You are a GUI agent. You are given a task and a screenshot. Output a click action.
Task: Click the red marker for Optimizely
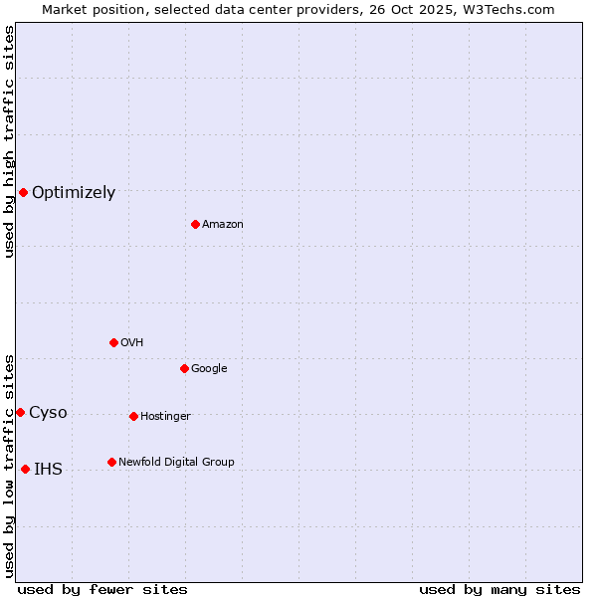point(23,192)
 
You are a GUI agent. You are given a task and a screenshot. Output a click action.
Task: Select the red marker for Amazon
point(195,224)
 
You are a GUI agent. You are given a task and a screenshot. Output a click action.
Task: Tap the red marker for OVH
point(113,342)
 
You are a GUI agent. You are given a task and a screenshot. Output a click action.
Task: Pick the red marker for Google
point(184,368)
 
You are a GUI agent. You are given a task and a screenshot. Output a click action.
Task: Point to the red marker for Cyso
point(20,412)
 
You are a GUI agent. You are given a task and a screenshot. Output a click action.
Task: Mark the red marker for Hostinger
point(133,416)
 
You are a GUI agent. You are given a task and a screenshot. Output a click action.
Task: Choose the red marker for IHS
point(25,469)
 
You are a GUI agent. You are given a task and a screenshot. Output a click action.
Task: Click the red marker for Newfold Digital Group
point(111,462)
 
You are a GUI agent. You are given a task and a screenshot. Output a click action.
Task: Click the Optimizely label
point(74,193)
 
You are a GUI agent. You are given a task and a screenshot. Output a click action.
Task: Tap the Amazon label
point(223,225)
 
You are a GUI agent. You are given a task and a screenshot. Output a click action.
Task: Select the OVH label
point(132,343)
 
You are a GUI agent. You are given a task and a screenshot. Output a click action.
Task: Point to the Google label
point(209,369)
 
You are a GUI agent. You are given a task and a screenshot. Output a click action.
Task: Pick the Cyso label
point(48,413)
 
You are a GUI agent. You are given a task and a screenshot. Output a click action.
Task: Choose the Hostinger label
point(165,417)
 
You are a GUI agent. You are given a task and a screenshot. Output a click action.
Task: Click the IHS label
point(48,470)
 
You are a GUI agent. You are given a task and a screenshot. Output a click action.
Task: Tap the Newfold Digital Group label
point(176,463)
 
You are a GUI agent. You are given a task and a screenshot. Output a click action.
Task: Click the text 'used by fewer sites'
point(102,589)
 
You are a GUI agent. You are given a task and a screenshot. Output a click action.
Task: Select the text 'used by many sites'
point(499,589)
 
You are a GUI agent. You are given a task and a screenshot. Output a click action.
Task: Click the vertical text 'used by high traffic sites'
point(9,141)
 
